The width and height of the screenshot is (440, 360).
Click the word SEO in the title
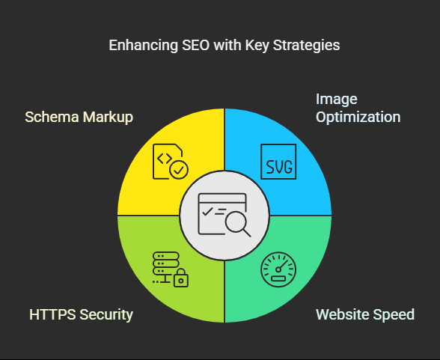tap(195, 45)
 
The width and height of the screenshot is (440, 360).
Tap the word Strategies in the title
tap(307, 46)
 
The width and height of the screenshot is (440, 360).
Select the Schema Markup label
tap(79, 118)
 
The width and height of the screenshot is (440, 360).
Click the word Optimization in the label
tap(358, 118)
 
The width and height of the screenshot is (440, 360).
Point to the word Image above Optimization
tap(337, 100)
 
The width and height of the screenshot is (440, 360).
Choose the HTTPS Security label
tap(81, 314)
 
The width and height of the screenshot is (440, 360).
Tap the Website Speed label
tap(365, 314)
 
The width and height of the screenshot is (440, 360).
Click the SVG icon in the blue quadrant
tap(278, 162)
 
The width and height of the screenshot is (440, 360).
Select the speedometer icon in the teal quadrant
tap(278, 269)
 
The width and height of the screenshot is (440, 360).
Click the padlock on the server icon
tap(181, 278)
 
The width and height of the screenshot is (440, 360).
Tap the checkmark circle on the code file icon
tap(179, 170)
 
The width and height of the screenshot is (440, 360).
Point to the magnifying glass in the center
tap(238, 223)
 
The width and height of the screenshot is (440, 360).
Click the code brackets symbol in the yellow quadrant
tap(165, 159)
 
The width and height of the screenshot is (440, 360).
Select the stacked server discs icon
tap(166, 263)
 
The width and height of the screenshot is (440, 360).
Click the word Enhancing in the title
tap(144, 46)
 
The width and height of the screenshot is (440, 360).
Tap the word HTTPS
tap(52, 314)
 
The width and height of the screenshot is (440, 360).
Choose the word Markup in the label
tap(108, 118)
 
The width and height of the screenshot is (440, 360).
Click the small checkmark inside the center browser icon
tap(207, 212)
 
